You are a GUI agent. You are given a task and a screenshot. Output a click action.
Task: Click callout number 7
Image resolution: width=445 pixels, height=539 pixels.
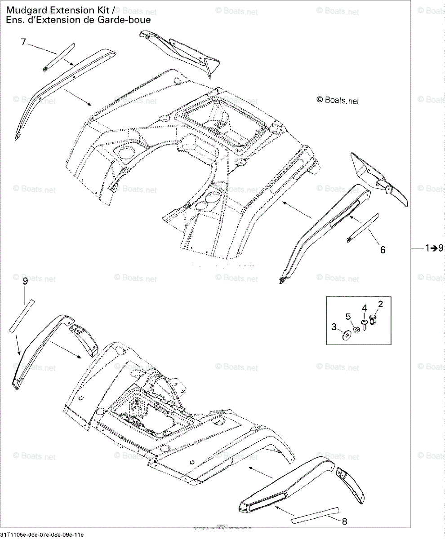pyautogui.click(x=24, y=42)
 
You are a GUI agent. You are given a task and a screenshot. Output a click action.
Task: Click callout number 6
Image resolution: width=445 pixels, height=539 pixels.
pyautogui.click(x=383, y=250)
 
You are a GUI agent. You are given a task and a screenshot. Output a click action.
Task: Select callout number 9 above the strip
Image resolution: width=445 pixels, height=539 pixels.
pyautogui.click(x=25, y=281)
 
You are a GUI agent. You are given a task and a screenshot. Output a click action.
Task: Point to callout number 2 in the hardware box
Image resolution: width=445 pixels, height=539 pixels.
pyautogui.click(x=380, y=305)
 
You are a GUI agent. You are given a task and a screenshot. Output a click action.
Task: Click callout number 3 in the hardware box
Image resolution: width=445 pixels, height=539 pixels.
pyautogui.click(x=334, y=327)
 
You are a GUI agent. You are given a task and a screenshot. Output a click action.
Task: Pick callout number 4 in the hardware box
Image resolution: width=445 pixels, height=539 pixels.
pyautogui.click(x=365, y=308)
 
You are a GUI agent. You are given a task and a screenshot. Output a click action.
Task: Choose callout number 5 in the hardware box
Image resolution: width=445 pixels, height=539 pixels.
pyautogui.click(x=348, y=317)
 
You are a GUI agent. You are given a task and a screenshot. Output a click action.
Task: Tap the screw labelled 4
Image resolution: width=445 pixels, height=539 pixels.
pyautogui.click(x=365, y=323)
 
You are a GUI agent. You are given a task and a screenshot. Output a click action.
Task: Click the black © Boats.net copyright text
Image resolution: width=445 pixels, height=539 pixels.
pyautogui.click(x=338, y=101)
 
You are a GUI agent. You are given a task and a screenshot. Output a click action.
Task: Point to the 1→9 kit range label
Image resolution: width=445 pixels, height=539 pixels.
pyautogui.click(x=434, y=247)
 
